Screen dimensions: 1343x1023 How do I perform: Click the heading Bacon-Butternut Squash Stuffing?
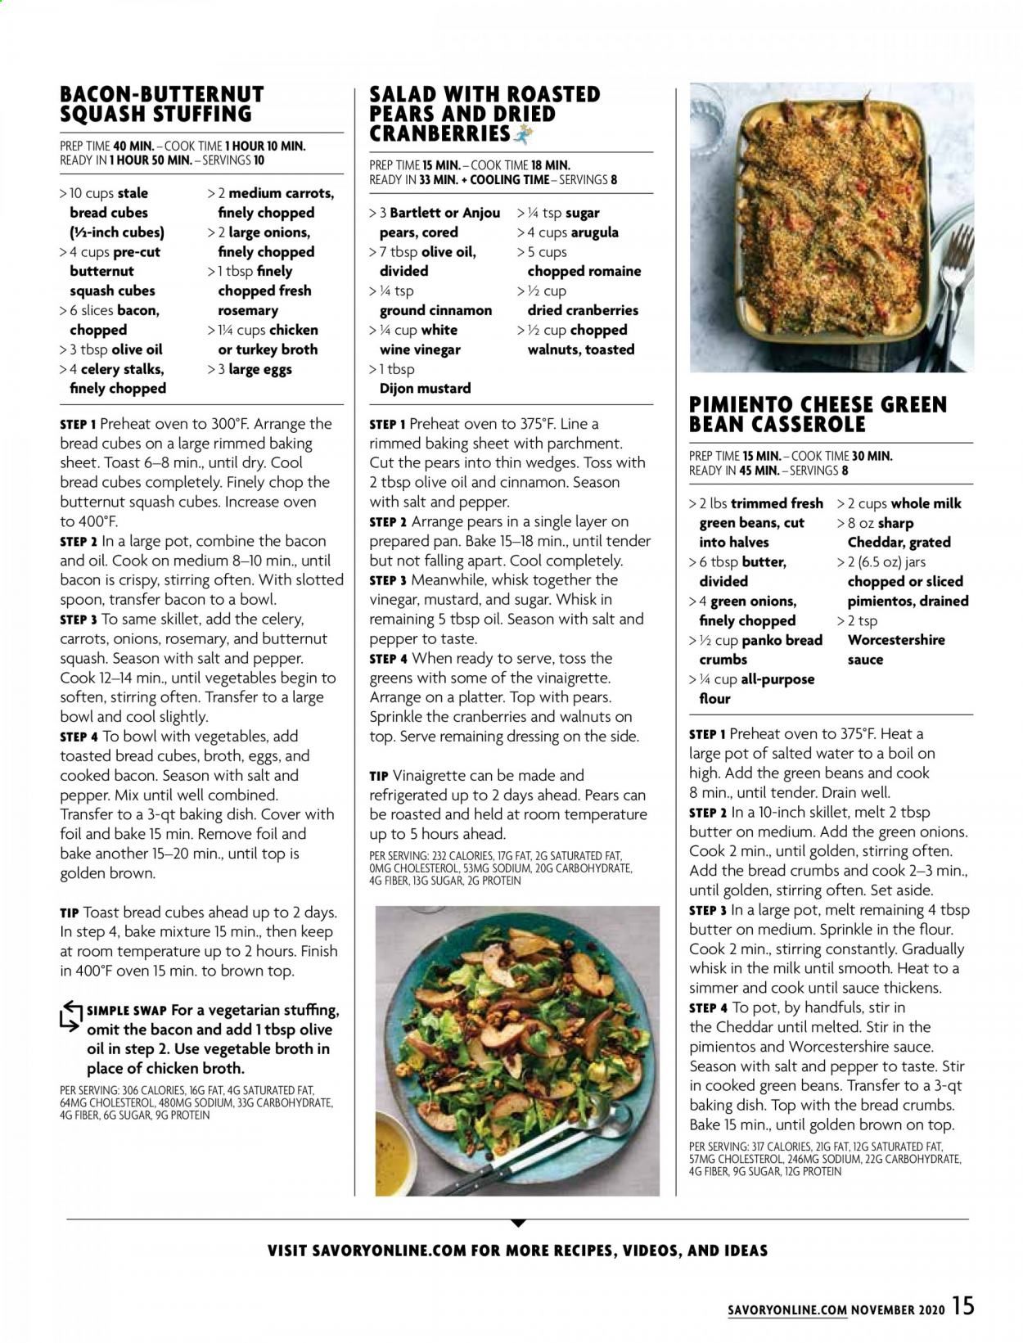[x=162, y=104]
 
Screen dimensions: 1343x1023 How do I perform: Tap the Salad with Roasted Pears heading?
[x=484, y=114]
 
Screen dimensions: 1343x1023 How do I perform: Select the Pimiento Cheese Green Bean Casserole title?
[x=818, y=414]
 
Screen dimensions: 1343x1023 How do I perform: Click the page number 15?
[x=962, y=1305]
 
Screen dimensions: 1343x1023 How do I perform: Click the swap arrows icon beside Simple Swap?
[x=71, y=1016]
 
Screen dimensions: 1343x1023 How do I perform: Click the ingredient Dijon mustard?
[x=425, y=389]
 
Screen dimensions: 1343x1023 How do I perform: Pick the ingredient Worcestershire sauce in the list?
[x=895, y=650]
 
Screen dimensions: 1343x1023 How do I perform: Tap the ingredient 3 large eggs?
[x=254, y=369]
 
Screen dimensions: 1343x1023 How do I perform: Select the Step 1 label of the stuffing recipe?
[x=79, y=425]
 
